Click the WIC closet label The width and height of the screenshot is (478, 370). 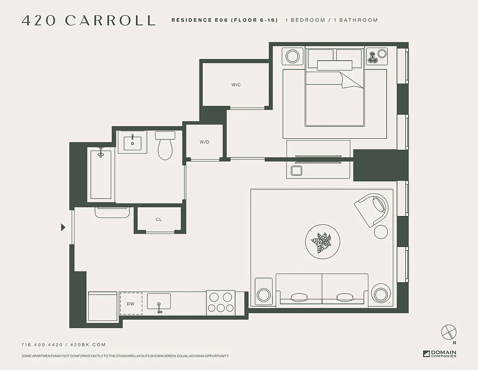pos(236,85)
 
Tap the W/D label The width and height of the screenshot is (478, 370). pos(205,142)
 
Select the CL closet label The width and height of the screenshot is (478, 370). pos(159,220)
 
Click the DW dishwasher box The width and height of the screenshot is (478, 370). pos(131,304)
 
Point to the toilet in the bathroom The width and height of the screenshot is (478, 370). pos(165,146)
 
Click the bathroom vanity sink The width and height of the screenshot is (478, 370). pos(133,142)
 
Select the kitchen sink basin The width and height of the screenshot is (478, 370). pos(159,302)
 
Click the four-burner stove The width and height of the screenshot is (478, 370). pos(220,302)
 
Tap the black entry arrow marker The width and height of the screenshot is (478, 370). pos(63,227)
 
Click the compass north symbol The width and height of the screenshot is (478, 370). pos(449,332)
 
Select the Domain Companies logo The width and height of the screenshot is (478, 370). pos(440,353)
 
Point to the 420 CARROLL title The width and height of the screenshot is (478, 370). pos(88,20)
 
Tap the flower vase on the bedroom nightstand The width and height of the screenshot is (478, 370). pos(373,57)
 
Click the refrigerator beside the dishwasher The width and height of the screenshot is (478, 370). pos(102,306)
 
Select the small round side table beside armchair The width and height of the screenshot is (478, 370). pos(381,232)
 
